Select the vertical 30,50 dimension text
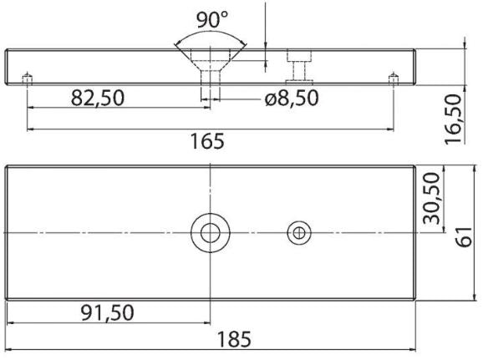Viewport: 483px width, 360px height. click(x=432, y=201)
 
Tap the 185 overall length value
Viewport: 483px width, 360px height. click(x=238, y=342)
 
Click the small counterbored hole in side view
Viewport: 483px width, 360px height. click(x=299, y=65)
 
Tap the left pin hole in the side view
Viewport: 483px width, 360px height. click(x=27, y=79)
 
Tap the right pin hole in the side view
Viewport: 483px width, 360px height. click(x=393, y=79)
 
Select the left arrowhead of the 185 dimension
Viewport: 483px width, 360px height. click(x=11, y=327)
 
